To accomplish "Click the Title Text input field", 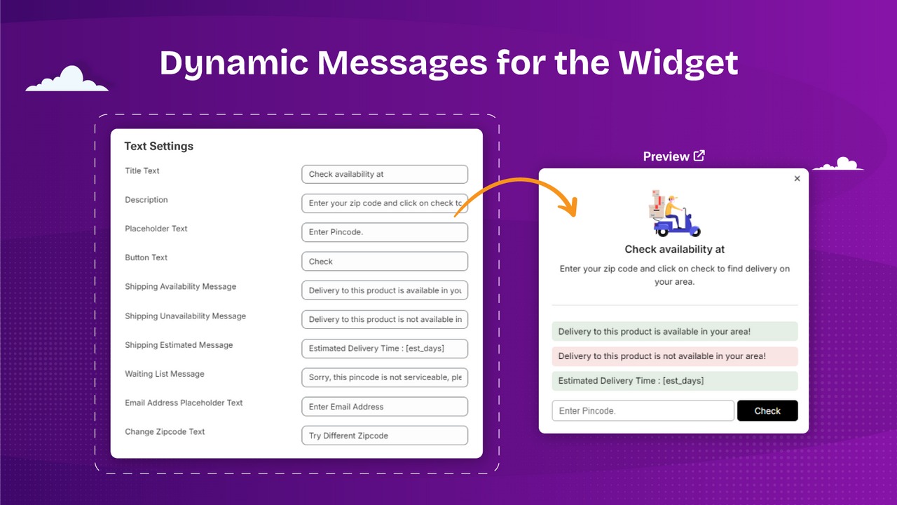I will [384, 174].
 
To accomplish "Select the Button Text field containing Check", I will [384, 261].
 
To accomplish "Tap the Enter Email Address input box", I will [384, 406].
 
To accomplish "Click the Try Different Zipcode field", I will [384, 436].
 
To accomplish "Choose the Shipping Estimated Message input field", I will [384, 349].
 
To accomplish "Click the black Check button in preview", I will [767, 411].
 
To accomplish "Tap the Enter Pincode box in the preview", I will [643, 411].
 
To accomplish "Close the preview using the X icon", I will [797, 179].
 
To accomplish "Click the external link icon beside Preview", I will [699, 156].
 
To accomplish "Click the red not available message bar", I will [674, 356].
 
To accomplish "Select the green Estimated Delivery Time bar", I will [674, 381].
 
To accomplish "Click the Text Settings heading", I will [158, 146].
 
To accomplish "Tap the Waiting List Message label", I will [165, 374].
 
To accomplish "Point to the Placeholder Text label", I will [156, 229].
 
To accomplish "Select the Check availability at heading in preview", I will [674, 249].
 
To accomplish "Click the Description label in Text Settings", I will [146, 200].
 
